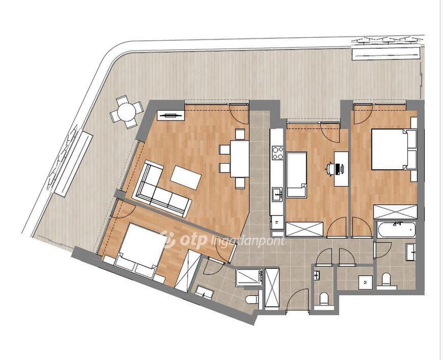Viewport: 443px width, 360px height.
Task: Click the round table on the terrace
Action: [126, 112]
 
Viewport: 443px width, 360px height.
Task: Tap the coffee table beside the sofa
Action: [185, 178]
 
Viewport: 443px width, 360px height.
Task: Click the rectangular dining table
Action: [240, 158]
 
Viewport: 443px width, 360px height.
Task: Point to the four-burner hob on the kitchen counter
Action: [277, 153]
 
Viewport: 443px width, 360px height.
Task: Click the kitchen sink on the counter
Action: [277, 195]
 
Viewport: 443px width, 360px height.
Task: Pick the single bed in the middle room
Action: [296, 174]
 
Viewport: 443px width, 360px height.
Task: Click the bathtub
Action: [396, 229]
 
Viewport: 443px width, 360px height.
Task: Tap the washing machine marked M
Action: [366, 282]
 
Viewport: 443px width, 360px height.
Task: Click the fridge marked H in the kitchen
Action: [277, 222]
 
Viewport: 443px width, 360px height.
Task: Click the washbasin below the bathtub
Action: [411, 252]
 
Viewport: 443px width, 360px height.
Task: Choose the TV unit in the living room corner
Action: [170, 115]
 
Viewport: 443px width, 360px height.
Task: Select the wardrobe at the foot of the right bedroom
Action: [395, 211]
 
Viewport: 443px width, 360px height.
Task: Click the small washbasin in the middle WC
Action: [317, 275]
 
